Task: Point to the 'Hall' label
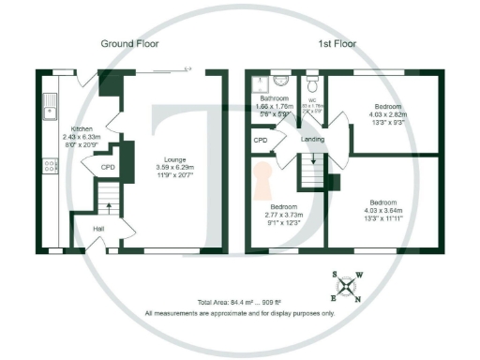click(98, 228)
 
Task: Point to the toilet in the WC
click(312, 83)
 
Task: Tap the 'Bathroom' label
click(274, 98)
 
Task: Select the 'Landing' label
click(312, 140)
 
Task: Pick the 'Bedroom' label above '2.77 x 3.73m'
click(283, 206)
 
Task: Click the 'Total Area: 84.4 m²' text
click(231, 302)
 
